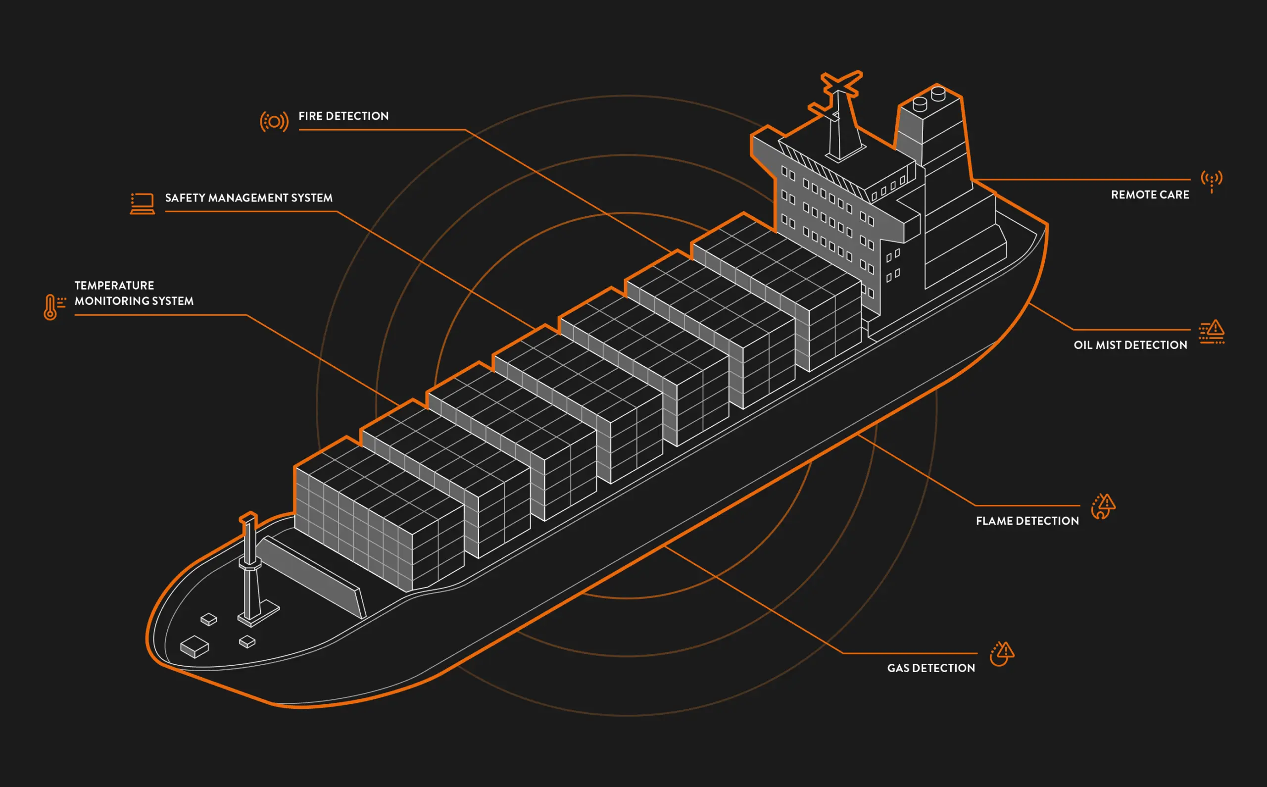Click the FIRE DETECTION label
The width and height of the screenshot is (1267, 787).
(343, 116)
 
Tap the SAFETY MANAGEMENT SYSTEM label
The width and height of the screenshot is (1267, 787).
(249, 198)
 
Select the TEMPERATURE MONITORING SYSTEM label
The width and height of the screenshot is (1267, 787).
(134, 293)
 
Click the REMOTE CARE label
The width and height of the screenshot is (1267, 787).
(1150, 195)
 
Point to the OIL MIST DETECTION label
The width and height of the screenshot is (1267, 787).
(1130, 345)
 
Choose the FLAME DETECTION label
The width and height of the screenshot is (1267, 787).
(1027, 521)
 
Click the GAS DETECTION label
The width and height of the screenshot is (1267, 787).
(931, 668)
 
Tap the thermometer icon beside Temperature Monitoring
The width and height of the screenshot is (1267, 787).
(54, 307)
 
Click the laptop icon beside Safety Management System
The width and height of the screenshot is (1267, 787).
(142, 203)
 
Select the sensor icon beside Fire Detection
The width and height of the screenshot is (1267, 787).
(274, 122)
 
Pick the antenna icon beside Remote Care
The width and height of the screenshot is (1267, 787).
(1212, 181)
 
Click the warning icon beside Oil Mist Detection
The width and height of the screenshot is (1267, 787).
(1212, 332)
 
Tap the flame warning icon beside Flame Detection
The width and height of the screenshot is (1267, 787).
(1103, 506)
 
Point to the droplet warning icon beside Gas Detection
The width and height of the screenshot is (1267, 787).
(1002, 654)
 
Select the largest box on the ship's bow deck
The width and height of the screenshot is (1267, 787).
(195, 646)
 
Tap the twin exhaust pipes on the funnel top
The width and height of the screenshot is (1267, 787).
(929, 99)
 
